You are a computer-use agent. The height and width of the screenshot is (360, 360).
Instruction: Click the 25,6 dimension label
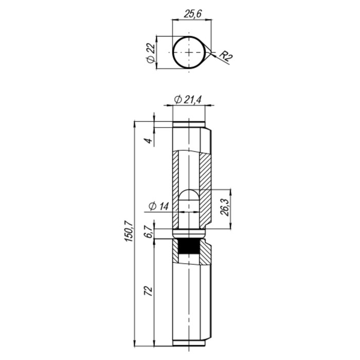(x=193, y=14)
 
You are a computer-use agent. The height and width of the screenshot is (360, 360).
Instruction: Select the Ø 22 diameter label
(x=151, y=52)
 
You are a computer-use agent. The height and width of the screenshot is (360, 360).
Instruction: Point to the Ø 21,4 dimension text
(x=188, y=100)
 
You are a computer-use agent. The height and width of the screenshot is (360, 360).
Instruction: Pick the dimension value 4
(x=149, y=140)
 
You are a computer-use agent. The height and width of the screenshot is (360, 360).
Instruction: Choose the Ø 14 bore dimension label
(x=158, y=206)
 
